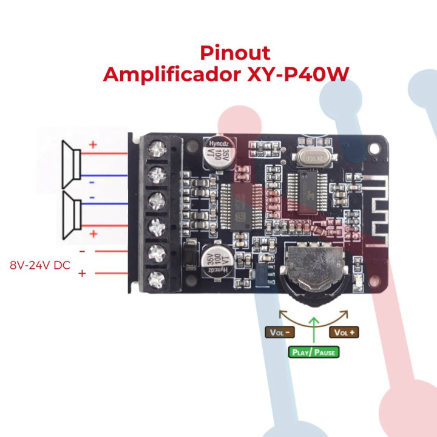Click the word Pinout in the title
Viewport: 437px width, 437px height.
pos(234,53)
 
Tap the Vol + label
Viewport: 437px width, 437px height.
pos(344,332)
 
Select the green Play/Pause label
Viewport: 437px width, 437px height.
pos(313,352)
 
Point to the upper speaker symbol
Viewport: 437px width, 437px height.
pos(71,163)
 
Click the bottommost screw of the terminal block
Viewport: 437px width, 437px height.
pos(158,279)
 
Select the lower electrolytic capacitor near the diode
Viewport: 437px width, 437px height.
pos(215,260)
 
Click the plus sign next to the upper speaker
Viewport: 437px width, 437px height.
pos(93,145)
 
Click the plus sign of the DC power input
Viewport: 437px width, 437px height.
pos(82,274)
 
